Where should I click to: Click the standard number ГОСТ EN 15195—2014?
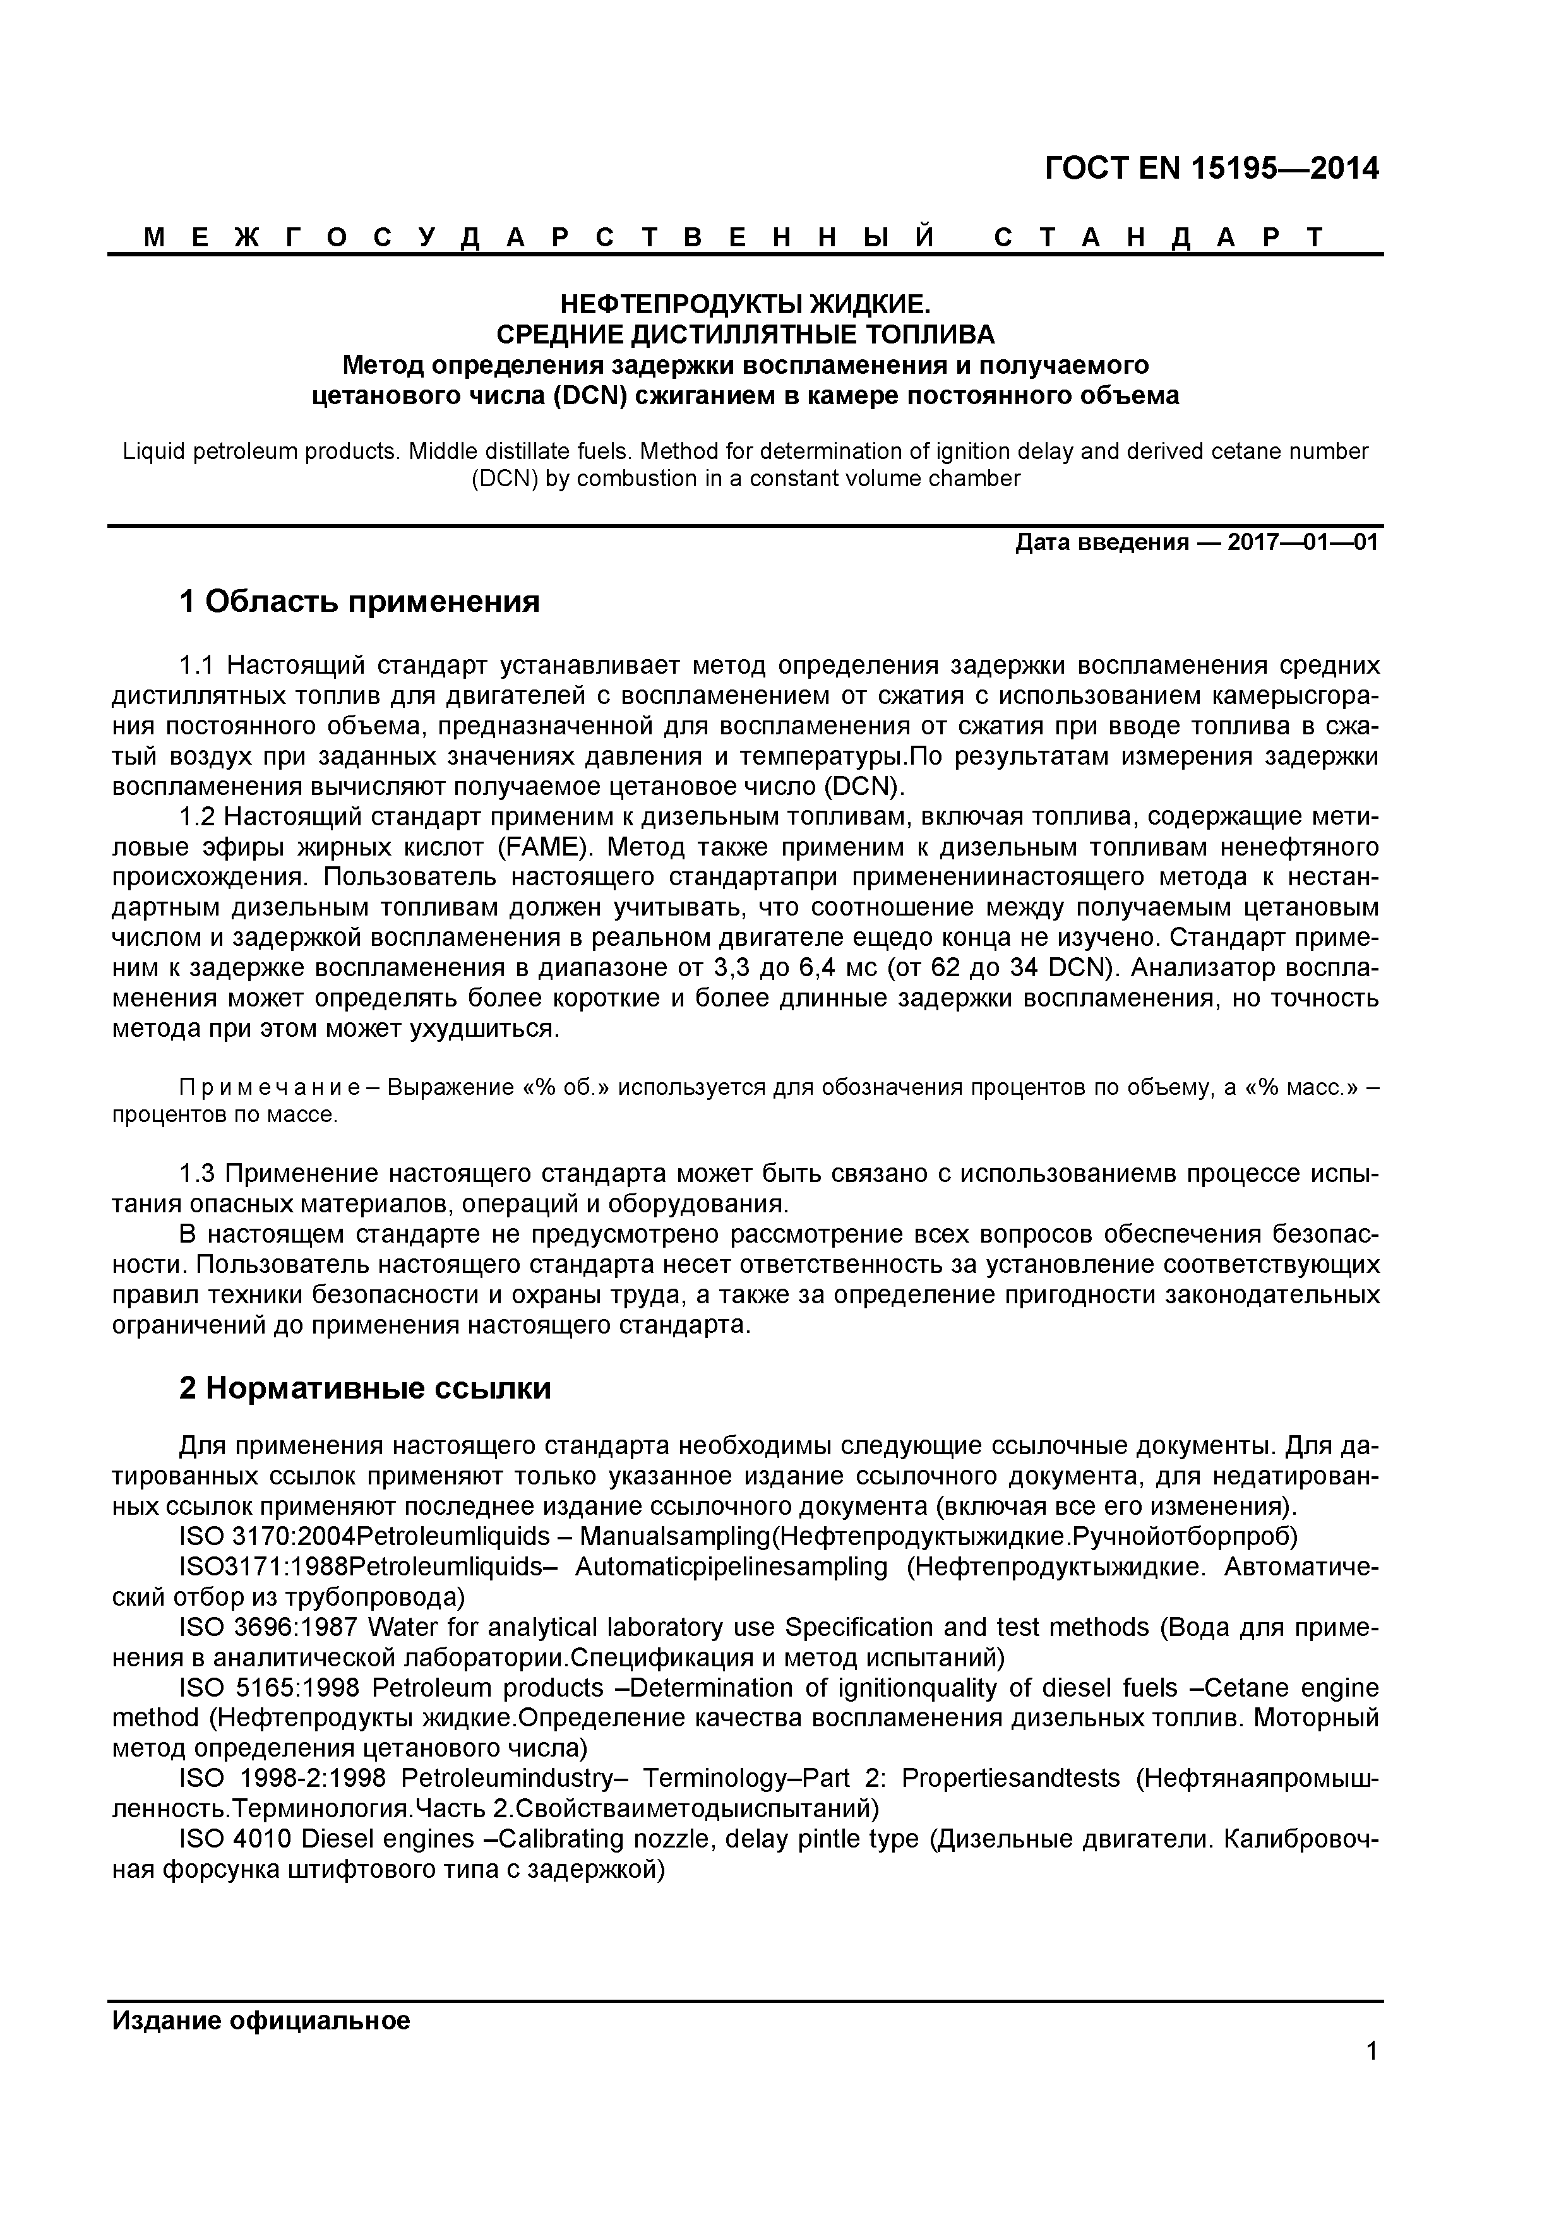pyautogui.click(x=1212, y=169)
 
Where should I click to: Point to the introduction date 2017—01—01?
pyautogui.click(x=1303, y=542)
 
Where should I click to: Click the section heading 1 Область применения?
pyautogui.click(x=359, y=602)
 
